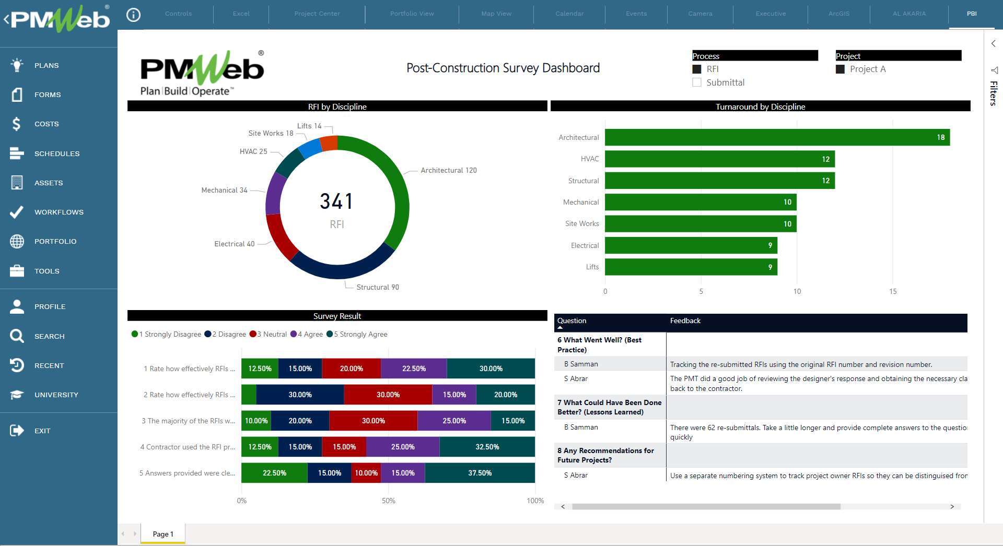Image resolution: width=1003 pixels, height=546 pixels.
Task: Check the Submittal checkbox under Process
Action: click(x=697, y=82)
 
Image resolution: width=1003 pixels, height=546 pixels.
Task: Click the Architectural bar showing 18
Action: click(x=777, y=137)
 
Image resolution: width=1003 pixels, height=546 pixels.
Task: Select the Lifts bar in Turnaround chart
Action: click(x=691, y=267)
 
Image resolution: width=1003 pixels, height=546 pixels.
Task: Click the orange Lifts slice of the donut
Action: click(x=329, y=143)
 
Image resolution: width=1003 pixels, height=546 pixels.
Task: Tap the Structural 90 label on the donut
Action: click(x=377, y=287)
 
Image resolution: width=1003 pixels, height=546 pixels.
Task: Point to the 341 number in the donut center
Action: click(x=336, y=201)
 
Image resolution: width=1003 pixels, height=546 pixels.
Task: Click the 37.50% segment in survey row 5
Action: click(x=480, y=473)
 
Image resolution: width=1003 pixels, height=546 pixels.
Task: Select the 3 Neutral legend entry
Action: click(x=269, y=334)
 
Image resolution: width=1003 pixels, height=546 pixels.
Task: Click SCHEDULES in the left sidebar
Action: click(x=57, y=153)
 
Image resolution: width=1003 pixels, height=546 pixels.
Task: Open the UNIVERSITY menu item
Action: click(x=56, y=395)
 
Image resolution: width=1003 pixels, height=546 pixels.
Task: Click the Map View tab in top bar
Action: click(x=496, y=14)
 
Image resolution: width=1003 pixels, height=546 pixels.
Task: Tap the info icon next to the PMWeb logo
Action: click(x=134, y=15)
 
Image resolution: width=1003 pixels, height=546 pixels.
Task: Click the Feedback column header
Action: click(x=685, y=321)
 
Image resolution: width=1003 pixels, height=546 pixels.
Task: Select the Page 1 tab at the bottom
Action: click(x=162, y=534)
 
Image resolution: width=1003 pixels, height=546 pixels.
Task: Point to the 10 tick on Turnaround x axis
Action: click(x=797, y=291)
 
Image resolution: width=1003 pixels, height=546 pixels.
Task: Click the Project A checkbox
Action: click(x=840, y=69)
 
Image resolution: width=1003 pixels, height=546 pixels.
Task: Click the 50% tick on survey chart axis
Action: click(x=388, y=501)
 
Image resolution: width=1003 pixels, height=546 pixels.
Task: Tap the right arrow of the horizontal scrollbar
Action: click(x=952, y=506)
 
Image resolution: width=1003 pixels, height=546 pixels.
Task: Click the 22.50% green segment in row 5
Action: click(x=274, y=473)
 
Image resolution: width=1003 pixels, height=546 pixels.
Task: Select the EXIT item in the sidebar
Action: click(x=42, y=431)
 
